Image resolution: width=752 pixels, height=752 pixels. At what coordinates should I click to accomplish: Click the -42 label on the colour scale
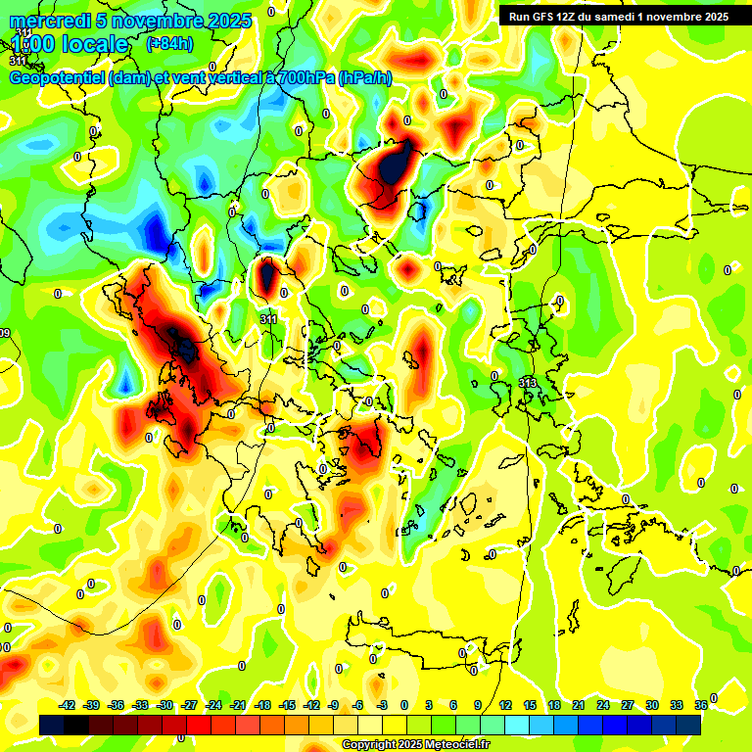69,705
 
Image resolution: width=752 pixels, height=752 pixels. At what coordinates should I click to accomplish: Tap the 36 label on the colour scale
701,705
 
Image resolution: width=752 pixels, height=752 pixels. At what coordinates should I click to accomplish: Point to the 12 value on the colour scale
505,705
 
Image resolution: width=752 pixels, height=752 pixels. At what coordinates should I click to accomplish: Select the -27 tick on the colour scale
190,705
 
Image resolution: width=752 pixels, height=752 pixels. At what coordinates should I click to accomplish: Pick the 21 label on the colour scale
579,705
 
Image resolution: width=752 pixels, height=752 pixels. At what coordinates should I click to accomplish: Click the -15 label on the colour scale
287,705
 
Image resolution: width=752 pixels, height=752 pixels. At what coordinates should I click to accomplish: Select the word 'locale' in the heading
93,44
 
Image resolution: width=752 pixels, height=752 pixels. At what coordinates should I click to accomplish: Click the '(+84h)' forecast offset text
169,43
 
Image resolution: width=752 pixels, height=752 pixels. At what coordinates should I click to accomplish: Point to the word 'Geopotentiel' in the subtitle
58,78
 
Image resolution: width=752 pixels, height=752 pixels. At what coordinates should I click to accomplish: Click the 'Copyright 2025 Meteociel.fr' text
415,745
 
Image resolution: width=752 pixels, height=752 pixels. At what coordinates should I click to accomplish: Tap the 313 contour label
527,382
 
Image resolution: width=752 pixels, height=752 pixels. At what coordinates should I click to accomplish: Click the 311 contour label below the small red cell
268,319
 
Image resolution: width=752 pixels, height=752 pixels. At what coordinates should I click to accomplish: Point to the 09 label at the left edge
5,334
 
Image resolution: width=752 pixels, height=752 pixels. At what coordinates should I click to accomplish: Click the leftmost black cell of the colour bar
52,725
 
